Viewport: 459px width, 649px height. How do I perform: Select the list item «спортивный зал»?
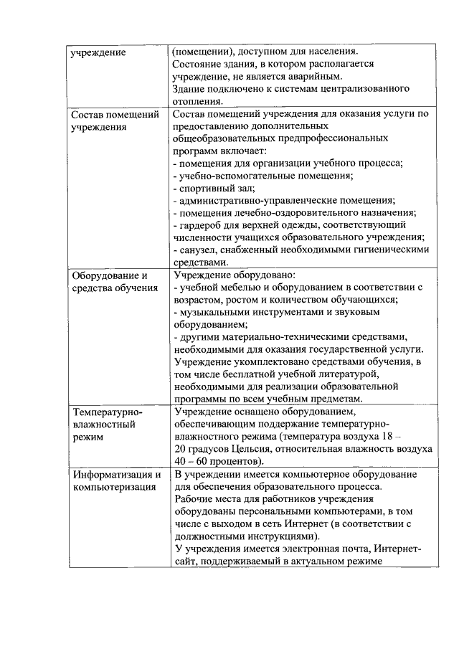(x=213, y=188)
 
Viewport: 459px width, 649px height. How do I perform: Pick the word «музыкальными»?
(x=214, y=313)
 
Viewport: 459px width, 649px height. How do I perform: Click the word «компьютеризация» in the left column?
(x=113, y=488)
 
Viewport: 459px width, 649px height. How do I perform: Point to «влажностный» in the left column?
(x=103, y=424)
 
